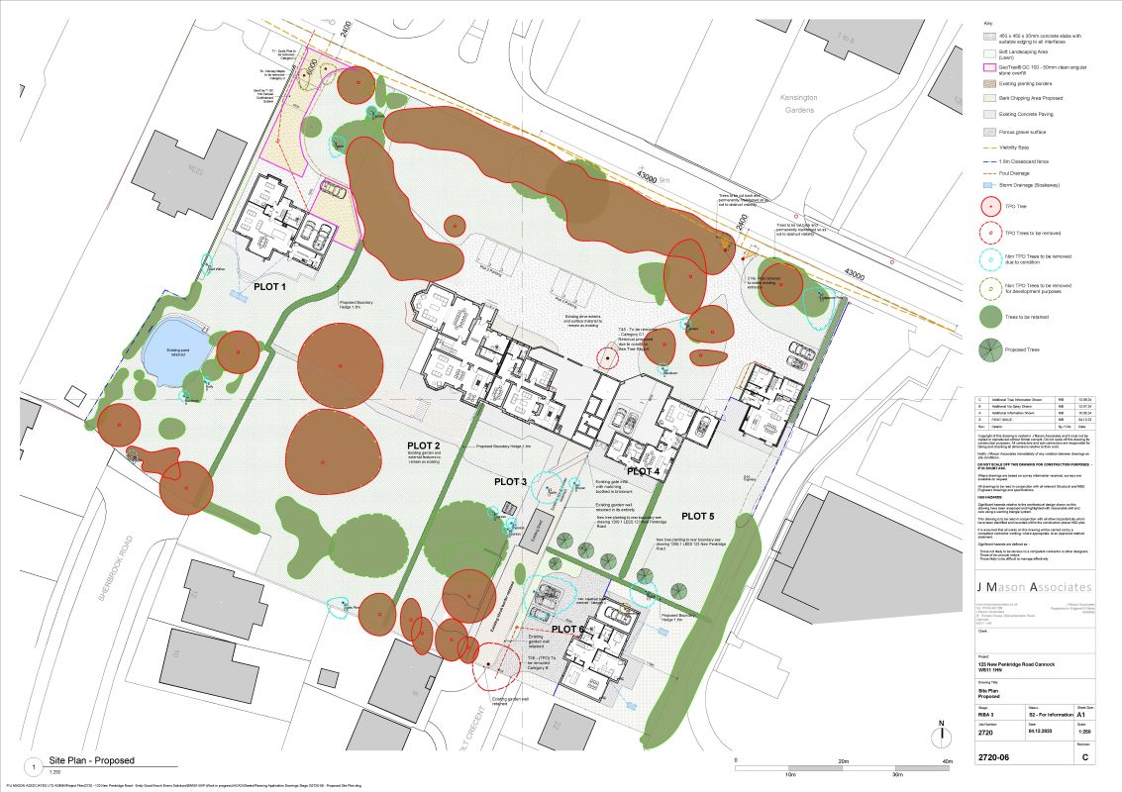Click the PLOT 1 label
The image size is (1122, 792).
[x=269, y=286]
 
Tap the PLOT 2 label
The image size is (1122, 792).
[x=423, y=445]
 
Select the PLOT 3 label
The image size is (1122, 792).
[x=511, y=481]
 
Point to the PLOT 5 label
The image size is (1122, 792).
[x=697, y=516]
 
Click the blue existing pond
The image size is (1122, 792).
[x=176, y=347]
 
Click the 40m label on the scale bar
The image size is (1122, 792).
[x=947, y=761]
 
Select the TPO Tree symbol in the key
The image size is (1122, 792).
[x=988, y=208]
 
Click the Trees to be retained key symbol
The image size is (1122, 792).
[x=988, y=317]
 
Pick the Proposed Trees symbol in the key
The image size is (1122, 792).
[x=988, y=349]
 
